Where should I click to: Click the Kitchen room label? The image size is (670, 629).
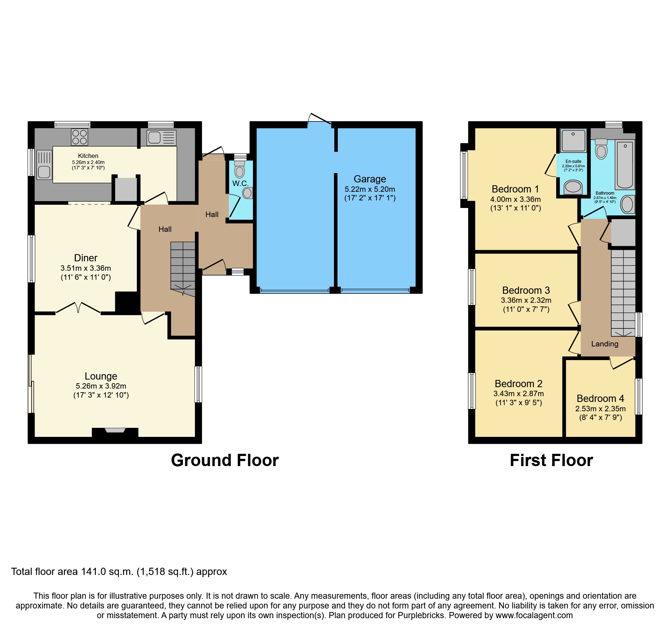(x=88, y=156)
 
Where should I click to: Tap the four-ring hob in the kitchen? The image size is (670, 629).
(x=80, y=137)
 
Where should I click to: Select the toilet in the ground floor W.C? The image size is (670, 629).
(x=239, y=170)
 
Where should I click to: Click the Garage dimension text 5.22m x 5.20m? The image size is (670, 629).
(x=370, y=189)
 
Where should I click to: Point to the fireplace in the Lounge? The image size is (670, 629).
(x=115, y=431)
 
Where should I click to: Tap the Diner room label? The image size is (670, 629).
(x=85, y=258)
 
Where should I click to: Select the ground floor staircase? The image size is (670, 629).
(x=183, y=267)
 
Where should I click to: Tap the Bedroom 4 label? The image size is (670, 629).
(x=600, y=398)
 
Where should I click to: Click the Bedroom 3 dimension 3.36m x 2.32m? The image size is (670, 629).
(x=526, y=300)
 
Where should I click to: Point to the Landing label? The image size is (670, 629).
(x=604, y=344)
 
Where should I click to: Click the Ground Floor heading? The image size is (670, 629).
(x=225, y=460)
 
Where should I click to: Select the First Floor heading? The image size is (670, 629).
(x=551, y=460)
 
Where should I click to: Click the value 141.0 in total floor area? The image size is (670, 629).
(x=94, y=572)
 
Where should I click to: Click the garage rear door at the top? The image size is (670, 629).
(x=319, y=120)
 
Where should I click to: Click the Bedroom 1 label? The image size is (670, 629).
(x=515, y=189)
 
